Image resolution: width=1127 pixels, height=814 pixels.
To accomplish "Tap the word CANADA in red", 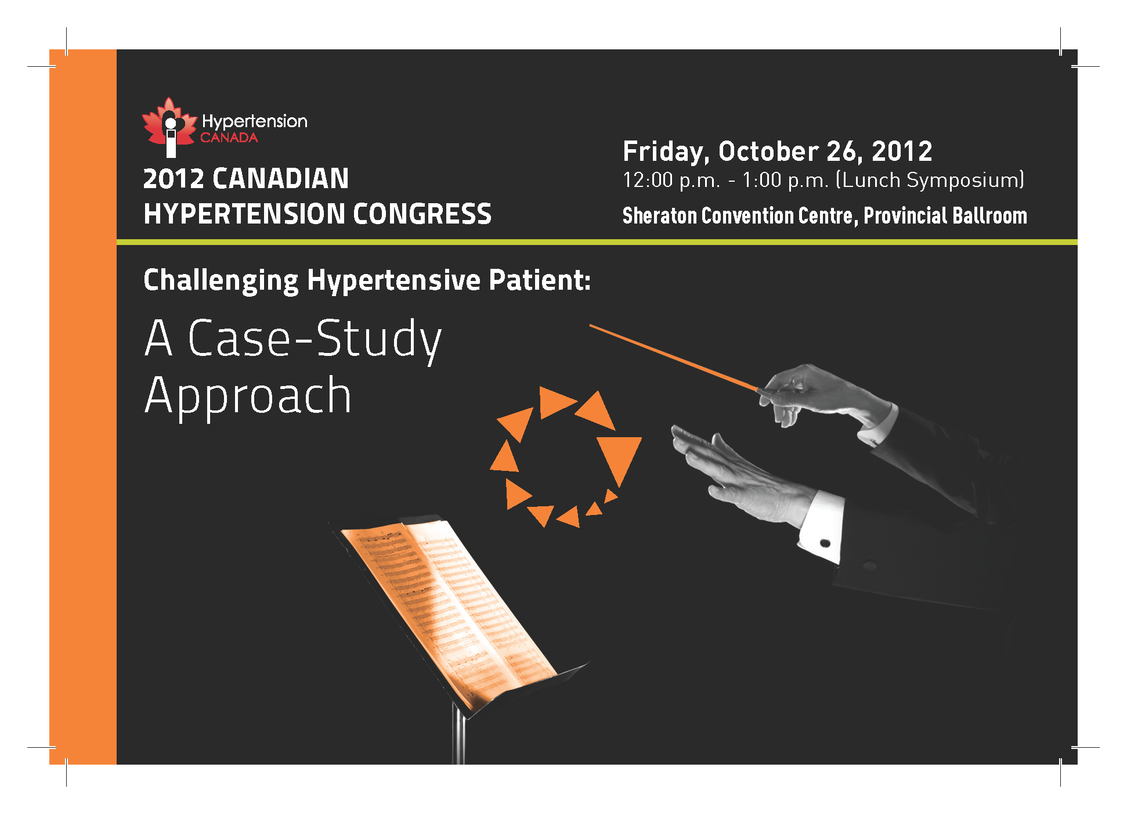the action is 229,138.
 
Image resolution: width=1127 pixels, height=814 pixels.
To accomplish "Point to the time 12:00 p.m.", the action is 671,180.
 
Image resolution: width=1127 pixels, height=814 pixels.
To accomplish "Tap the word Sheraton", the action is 659,215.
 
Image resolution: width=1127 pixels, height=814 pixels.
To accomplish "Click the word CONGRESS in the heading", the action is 422,214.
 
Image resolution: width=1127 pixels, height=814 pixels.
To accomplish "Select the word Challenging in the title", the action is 221,281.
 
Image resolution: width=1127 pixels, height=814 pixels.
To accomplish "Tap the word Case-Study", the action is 314,340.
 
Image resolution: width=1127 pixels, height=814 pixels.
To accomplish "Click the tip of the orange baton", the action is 590,325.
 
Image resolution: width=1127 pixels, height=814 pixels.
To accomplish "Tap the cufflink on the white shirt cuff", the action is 825,543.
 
